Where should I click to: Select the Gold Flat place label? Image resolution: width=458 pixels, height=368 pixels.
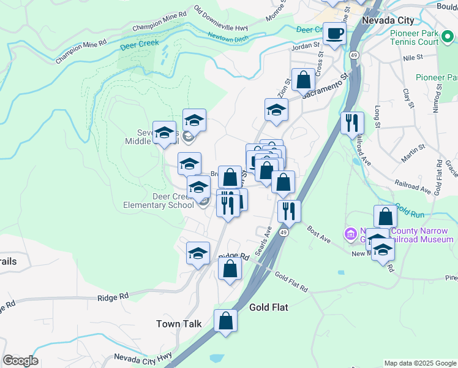268,307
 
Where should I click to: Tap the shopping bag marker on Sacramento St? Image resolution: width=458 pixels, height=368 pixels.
303,80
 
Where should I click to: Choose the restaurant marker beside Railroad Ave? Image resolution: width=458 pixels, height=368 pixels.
352,123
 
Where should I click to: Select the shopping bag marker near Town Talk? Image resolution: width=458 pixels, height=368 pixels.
225,321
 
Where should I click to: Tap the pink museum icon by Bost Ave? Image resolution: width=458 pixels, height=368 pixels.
350,233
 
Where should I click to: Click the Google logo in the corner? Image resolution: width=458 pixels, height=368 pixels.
20,361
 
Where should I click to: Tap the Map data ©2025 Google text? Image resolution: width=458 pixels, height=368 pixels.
419,363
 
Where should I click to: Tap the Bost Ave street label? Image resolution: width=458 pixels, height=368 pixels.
319,234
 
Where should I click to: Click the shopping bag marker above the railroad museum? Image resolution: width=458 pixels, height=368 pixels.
385,217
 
